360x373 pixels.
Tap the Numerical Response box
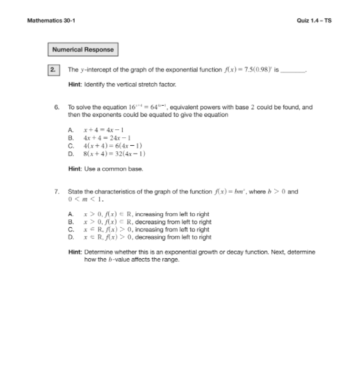[83, 50]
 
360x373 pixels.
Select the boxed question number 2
[54, 70]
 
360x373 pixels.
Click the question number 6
[56, 107]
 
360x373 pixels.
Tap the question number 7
[56, 191]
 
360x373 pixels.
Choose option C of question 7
[137, 230]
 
